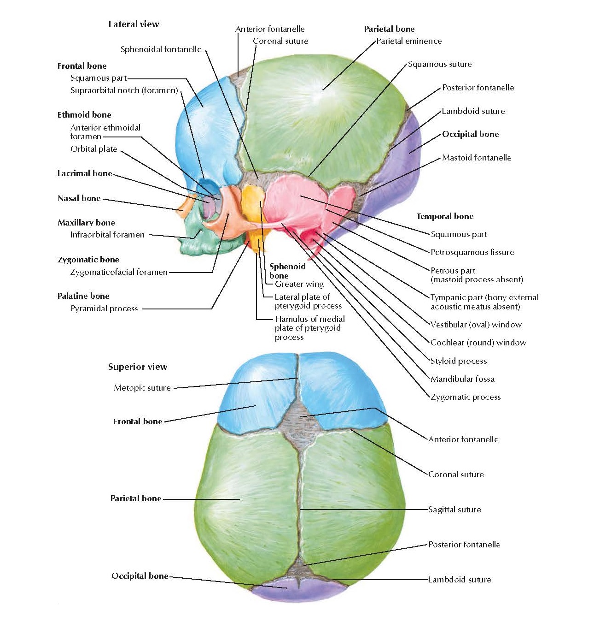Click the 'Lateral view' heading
tap(134, 24)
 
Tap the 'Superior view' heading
tap(138, 367)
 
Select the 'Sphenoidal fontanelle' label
tap(161, 49)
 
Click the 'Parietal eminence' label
tap(409, 41)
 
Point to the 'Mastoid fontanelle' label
tap(477, 158)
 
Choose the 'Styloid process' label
tap(458, 361)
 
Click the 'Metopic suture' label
tap(142, 388)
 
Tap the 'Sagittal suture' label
tap(454, 510)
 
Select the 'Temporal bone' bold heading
tap(445, 216)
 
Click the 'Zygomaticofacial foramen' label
tap(119, 272)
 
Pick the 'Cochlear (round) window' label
tap(478, 343)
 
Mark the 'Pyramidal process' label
tap(104, 309)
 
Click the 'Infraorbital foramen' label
tap(107, 235)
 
